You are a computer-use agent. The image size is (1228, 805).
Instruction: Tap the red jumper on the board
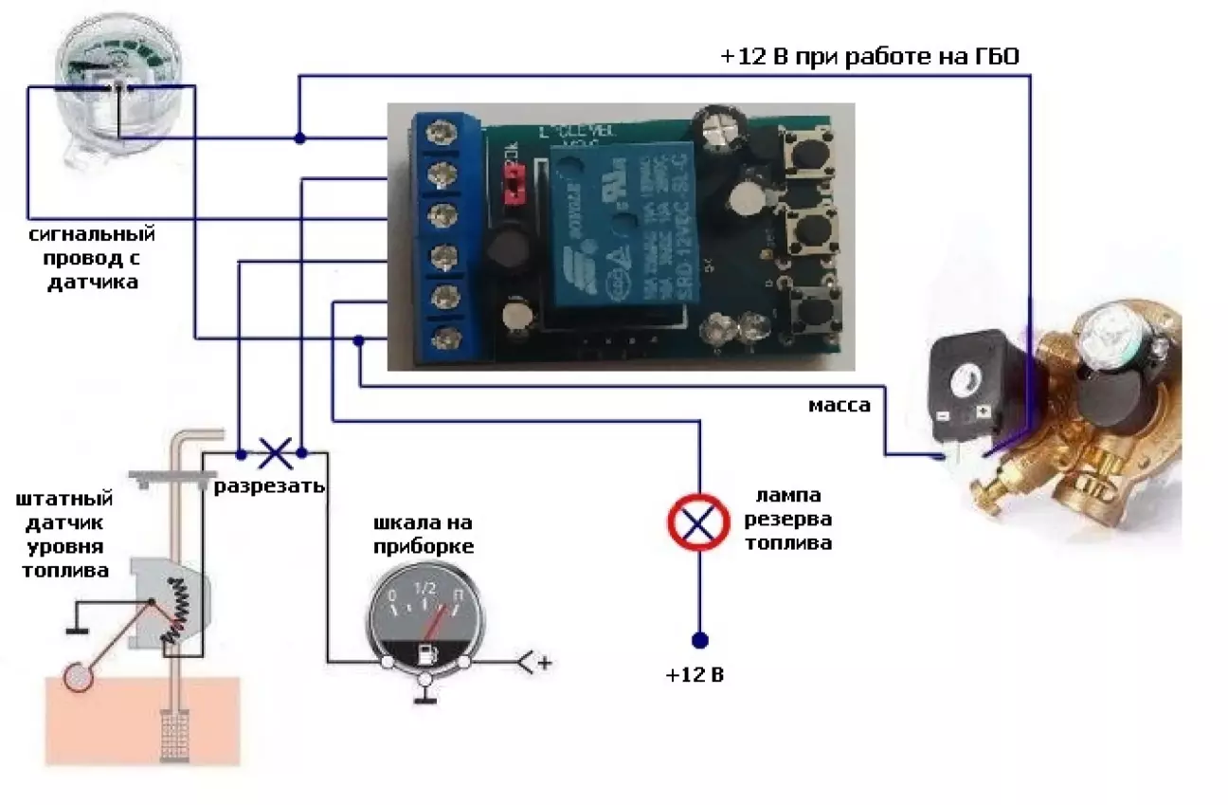[515, 185]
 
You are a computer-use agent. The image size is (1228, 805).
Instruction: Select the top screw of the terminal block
[438, 132]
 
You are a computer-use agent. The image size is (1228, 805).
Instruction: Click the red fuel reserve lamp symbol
[698, 521]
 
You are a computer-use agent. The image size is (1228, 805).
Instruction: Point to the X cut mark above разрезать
[274, 452]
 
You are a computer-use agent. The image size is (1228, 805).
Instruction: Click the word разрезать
[269, 486]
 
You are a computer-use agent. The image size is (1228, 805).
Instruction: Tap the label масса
[839, 406]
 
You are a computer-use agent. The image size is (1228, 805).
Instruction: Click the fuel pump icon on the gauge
[426, 652]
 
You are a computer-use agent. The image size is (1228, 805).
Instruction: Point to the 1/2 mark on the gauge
[425, 588]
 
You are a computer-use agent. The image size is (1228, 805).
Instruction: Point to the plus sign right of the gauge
[545, 663]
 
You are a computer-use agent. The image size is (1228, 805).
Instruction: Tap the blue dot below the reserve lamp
[699, 640]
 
